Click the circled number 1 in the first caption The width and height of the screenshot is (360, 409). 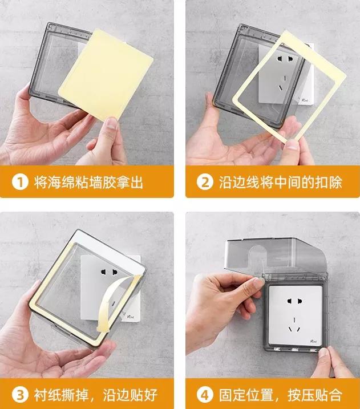coord(20,183)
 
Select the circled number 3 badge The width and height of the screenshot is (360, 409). coord(20,395)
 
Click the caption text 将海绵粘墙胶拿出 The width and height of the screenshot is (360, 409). coord(88,183)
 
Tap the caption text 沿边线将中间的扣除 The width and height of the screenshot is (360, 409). coord(280,183)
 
